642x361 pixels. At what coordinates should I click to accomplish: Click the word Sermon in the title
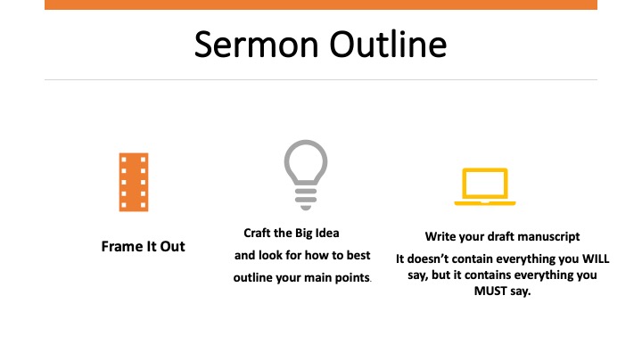click(x=256, y=45)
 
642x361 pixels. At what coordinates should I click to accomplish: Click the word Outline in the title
click(x=388, y=45)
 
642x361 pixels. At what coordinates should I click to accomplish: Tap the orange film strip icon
click(x=134, y=182)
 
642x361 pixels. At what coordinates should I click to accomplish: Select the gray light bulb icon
click(x=306, y=175)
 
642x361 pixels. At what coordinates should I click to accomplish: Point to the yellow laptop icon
click(x=485, y=186)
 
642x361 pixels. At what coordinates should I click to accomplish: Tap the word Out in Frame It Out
click(x=172, y=246)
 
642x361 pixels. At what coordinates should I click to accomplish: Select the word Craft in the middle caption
click(x=257, y=233)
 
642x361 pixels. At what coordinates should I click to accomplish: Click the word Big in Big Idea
click(x=303, y=234)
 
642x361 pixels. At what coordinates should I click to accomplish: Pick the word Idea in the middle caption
click(x=327, y=233)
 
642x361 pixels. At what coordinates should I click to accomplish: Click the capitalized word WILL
click(x=596, y=258)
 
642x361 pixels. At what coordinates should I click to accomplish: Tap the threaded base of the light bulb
click(x=306, y=200)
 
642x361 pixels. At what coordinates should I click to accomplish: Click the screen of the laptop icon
click(x=485, y=184)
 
